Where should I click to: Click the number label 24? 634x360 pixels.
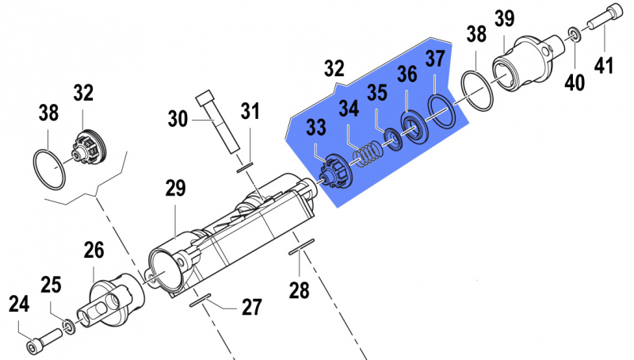click(19, 303)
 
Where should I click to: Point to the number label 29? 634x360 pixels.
click(175, 188)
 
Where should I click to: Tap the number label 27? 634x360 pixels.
click(251, 307)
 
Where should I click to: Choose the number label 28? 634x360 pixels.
click(299, 290)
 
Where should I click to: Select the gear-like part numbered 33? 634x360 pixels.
click(333, 170)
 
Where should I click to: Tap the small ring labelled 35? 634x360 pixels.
click(391, 141)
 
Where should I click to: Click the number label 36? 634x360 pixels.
click(407, 75)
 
